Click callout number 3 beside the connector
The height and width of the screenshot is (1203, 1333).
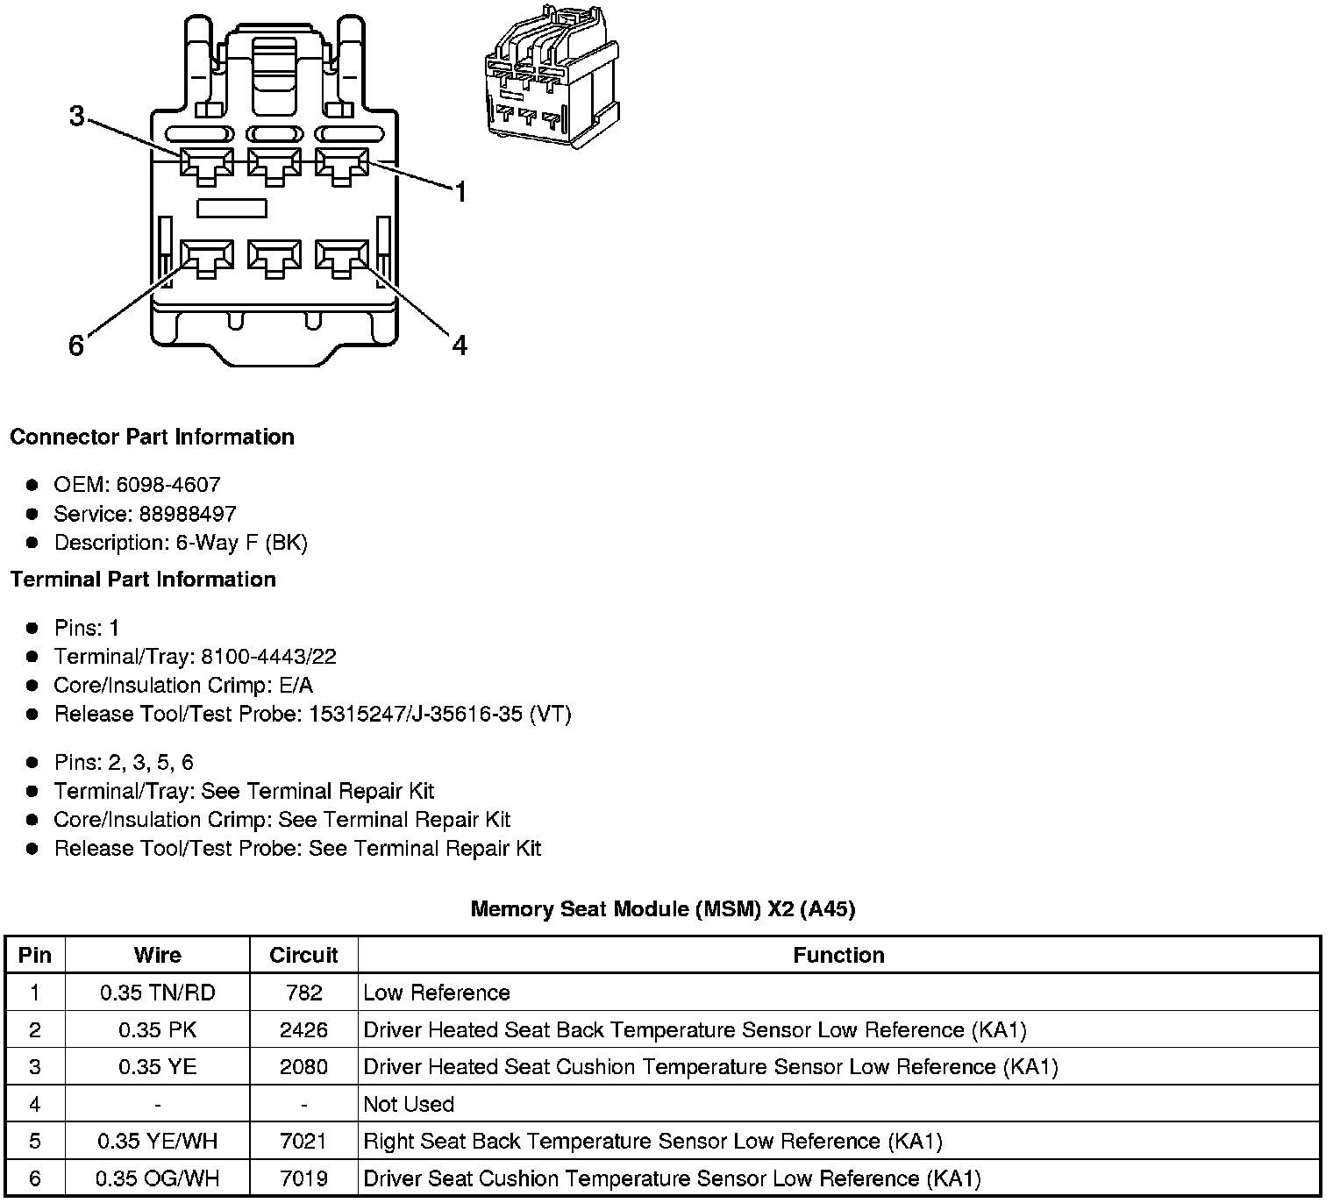click(x=77, y=116)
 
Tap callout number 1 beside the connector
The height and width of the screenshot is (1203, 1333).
click(x=460, y=192)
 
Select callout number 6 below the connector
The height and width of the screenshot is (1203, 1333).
click(x=76, y=346)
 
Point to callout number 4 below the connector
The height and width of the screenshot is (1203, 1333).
click(x=460, y=346)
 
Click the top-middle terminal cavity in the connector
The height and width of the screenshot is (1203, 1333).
click(x=274, y=164)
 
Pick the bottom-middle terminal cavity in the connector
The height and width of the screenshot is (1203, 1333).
click(x=274, y=257)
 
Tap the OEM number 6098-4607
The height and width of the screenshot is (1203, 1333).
click(x=168, y=485)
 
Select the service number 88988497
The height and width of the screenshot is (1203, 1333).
click(x=188, y=514)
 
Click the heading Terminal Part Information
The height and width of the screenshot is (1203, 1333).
click(x=143, y=580)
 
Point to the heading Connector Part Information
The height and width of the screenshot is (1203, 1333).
click(x=152, y=437)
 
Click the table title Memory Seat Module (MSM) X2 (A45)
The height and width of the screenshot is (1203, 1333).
click(x=663, y=908)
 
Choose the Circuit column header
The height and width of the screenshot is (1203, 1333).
click(x=303, y=955)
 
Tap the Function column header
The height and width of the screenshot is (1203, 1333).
click(x=838, y=955)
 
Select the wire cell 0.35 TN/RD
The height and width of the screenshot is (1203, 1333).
click(x=157, y=993)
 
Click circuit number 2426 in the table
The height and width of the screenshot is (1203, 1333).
click(x=303, y=1029)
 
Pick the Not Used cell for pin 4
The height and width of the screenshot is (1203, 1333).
click(x=409, y=1104)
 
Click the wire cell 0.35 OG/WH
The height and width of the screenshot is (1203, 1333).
click(x=157, y=1178)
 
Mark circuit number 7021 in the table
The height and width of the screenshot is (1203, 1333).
click(x=303, y=1141)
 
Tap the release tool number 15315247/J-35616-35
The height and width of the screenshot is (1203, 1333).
click(x=416, y=715)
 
